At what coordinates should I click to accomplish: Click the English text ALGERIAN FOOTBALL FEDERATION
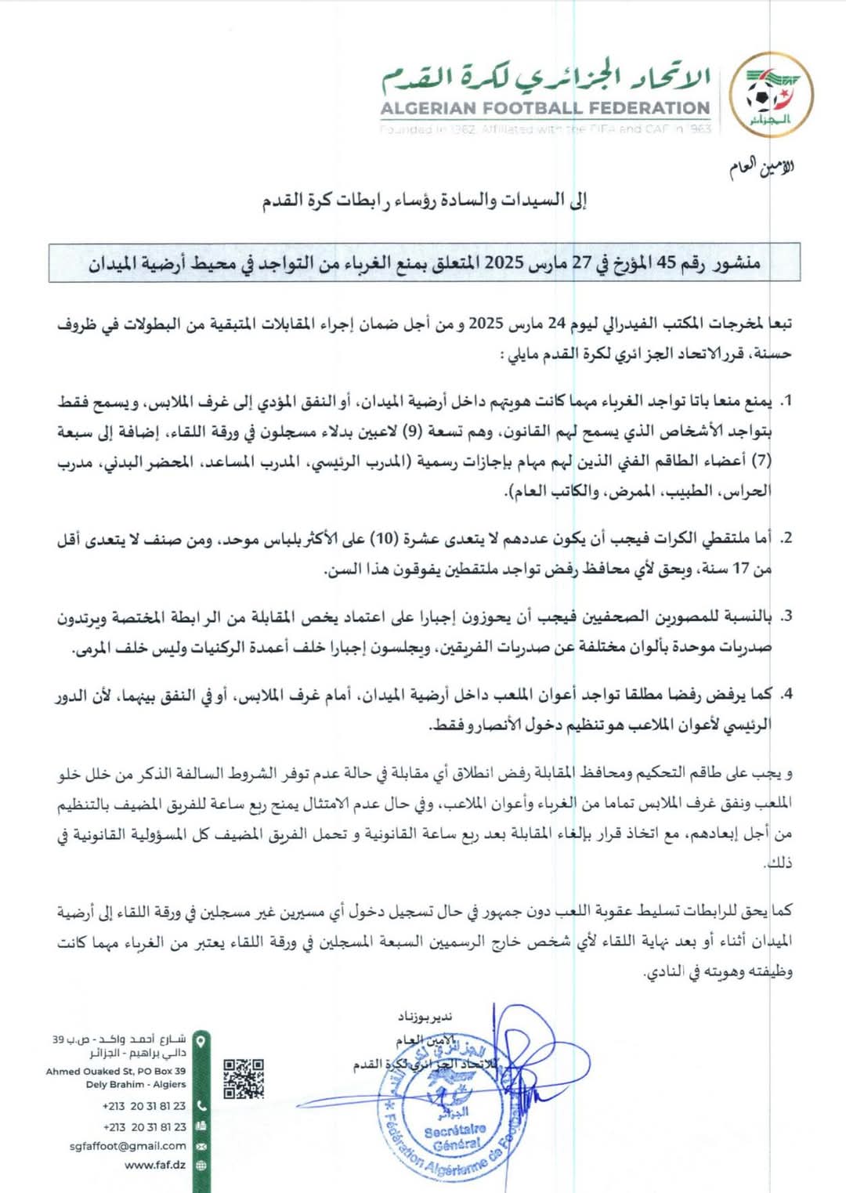click(545, 108)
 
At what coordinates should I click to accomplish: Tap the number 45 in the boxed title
click(665, 262)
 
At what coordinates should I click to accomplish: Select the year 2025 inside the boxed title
click(504, 262)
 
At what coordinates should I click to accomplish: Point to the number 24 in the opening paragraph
click(557, 324)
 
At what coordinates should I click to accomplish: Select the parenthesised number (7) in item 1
click(762, 461)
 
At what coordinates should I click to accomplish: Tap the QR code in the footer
click(244, 1079)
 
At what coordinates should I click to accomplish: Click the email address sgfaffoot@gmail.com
click(128, 1145)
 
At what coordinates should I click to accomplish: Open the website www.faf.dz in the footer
click(154, 1165)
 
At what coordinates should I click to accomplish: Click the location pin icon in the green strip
click(201, 1042)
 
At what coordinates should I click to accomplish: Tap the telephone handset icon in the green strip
click(201, 1106)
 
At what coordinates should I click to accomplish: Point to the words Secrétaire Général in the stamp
click(455, 1137)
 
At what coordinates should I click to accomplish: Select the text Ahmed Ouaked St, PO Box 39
click(116, 1071)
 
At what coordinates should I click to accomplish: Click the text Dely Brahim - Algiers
click(136, 1084)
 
